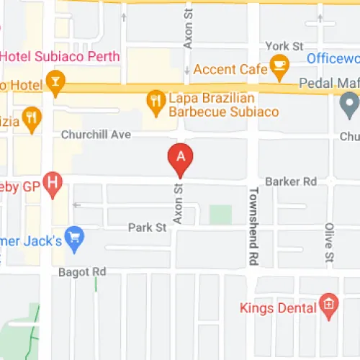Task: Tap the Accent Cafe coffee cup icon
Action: [279, 69]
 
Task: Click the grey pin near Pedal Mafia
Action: [349, 107]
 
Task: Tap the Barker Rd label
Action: [291, 181]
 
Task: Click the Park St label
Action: [148, 228]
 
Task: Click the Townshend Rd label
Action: [253, 225]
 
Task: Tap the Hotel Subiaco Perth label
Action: [53, 56]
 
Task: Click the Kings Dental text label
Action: [278, 308]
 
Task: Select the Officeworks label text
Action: [333, 58]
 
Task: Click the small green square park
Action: [220, 215]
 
